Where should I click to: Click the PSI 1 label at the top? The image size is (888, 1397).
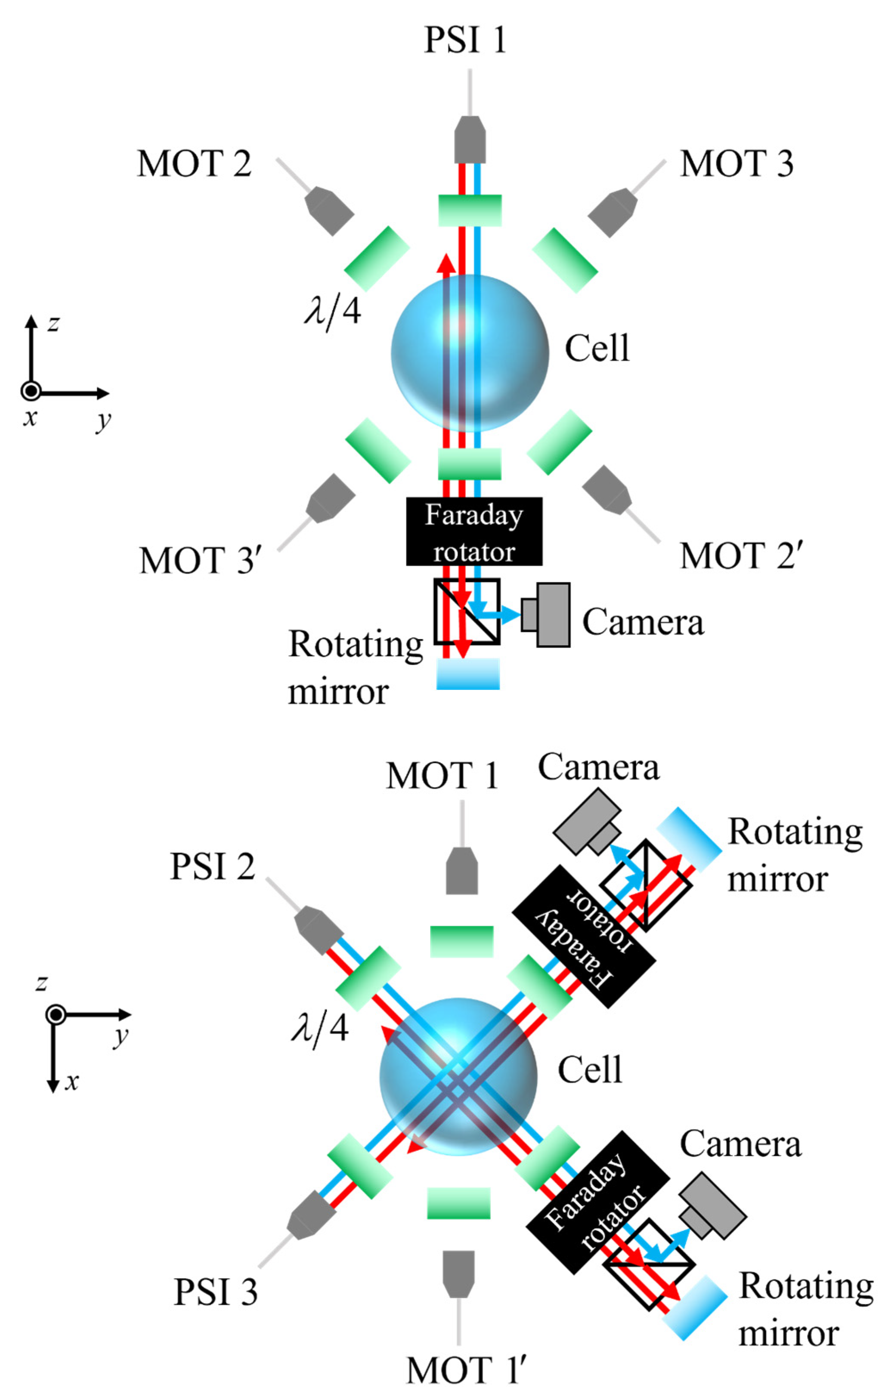(x=465, y=40)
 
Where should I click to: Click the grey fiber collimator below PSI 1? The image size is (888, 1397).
(x=470, y=140)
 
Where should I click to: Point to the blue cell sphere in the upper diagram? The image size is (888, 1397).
(x=470, y=353)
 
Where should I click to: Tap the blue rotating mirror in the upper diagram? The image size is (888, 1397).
(x=468, y=674)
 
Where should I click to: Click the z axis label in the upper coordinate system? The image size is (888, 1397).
(x=53, y=323)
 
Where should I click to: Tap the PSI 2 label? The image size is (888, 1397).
(x=213, y=867)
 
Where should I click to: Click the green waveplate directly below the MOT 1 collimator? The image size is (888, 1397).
(x=461, y=941)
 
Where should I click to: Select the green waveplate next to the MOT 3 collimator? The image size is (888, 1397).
(x=565, y=260)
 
